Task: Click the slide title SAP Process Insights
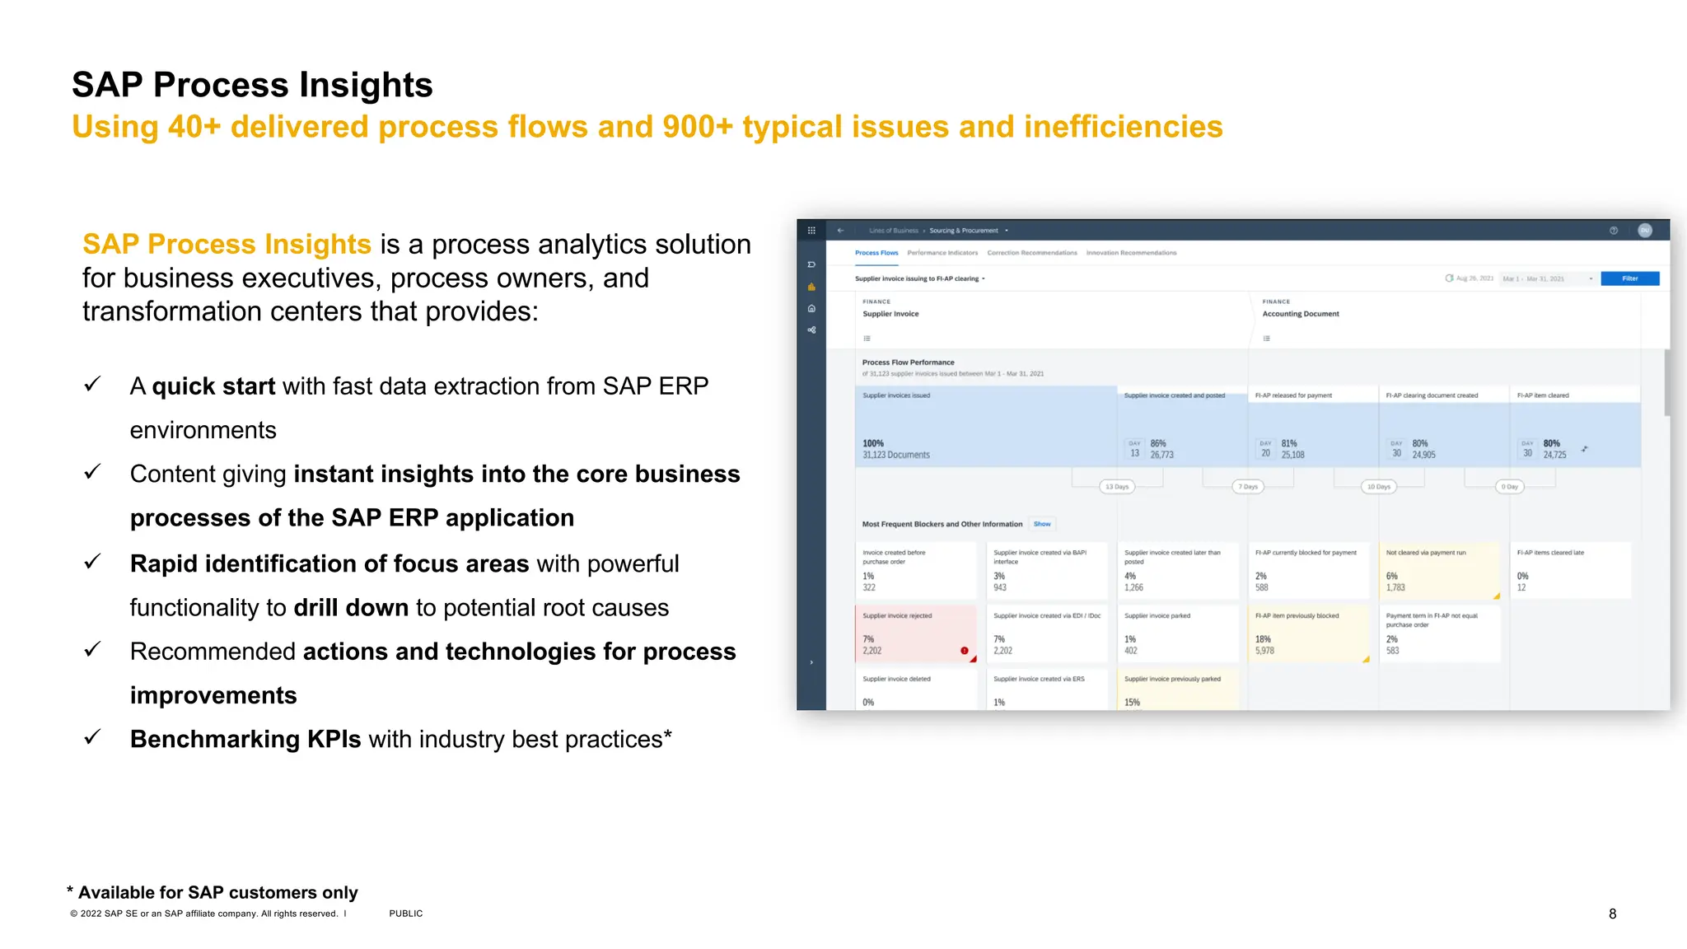pos(252,85)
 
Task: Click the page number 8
pos(1612,914)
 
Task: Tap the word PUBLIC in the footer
pos(405,914)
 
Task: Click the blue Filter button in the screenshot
pos(1629,278)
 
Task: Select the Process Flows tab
pos(876,253)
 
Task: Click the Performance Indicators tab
pos(942,253)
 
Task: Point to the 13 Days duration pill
pos(1117,487)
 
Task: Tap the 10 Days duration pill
pos(1378,487)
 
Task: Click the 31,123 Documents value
pos(895,455)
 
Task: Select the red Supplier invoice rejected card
pos(915,633)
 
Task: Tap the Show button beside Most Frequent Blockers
pos(1042,524)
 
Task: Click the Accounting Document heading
pos(1301,314)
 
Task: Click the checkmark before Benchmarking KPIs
pos(92,737)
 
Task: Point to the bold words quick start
pos(213,386)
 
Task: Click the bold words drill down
pos(351,608)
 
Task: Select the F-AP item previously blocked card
pos(1308,633)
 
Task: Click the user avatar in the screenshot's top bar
pos(1644,231)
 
